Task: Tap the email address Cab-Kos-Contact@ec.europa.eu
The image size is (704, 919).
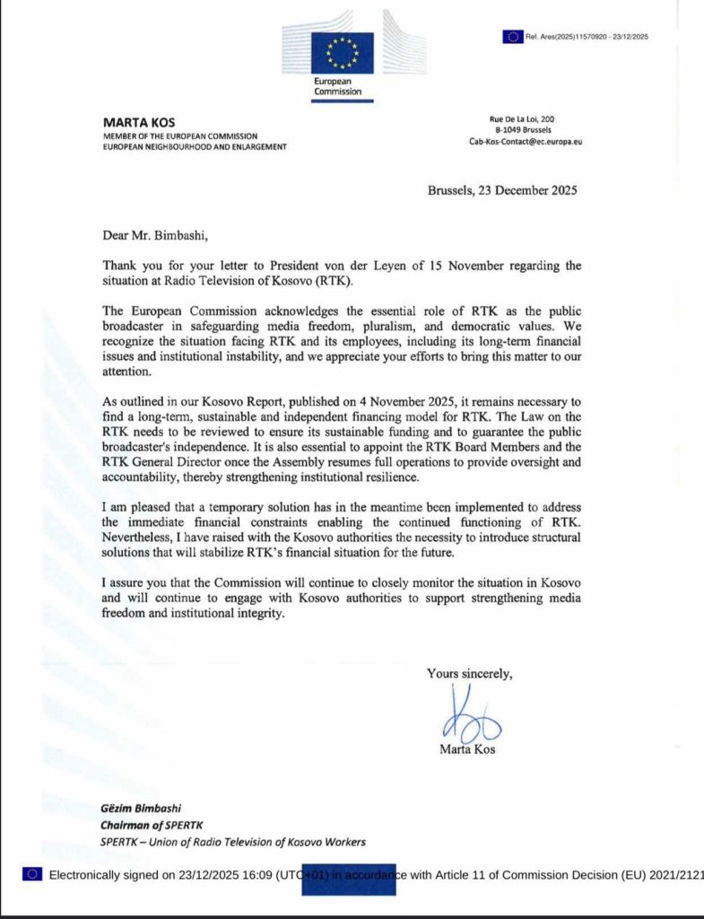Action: click(526, 142)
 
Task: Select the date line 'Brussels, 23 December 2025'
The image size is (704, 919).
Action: click(501, 190)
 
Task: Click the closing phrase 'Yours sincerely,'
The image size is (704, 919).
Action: click(470, 674)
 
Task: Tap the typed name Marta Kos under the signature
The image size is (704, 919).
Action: click(466, 749)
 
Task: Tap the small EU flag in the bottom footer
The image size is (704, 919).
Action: click(32, 875)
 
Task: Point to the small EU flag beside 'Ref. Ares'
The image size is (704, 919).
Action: click(513, 37)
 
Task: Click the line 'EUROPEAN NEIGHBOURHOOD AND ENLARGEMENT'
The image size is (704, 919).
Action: click(196, 146)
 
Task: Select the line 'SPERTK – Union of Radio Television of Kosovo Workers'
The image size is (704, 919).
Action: click(232, 842)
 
